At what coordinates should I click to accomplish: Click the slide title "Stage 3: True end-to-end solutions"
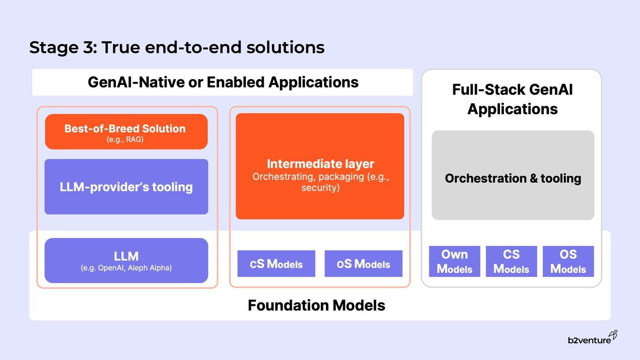pyautogui.click(x=177, y=47)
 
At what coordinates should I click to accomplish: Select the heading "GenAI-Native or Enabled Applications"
pyautogui.click(x=223, y=82)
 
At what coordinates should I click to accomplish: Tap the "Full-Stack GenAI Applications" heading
pyautogui.click(x=512, y=99)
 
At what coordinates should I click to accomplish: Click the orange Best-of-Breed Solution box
pyautogui.click(x=126, y=131)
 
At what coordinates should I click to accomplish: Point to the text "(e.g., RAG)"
pyautogui.click(x=125, y=140)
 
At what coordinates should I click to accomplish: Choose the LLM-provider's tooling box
pyautogui.click(x=126, y=187)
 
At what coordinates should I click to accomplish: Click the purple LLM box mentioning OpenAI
pyautogui.click(x=126, y=260)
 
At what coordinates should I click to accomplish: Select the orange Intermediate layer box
pyautogui.click(x=320, y=166)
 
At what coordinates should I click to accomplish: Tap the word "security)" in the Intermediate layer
pyautogui.click(x=320, y=188)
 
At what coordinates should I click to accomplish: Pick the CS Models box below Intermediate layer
pyautogui.click(x=276, y=264)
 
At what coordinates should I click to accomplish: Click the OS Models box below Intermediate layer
pyautogui.click(x=363, y=264)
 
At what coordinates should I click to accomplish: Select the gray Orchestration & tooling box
pyautogui.click(x=513, y=175)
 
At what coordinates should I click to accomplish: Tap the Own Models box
pyautogui.click(x=454, y=261)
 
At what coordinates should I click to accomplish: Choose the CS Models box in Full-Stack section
pyautogui.click(x=511, y=261)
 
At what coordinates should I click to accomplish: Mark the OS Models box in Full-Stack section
pyautogui.click(x=568, y=261)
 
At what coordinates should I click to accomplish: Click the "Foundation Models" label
pyautogui.click(x=316, y=305)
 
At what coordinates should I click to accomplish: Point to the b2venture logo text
pyautogui.click(x=589, y=340)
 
